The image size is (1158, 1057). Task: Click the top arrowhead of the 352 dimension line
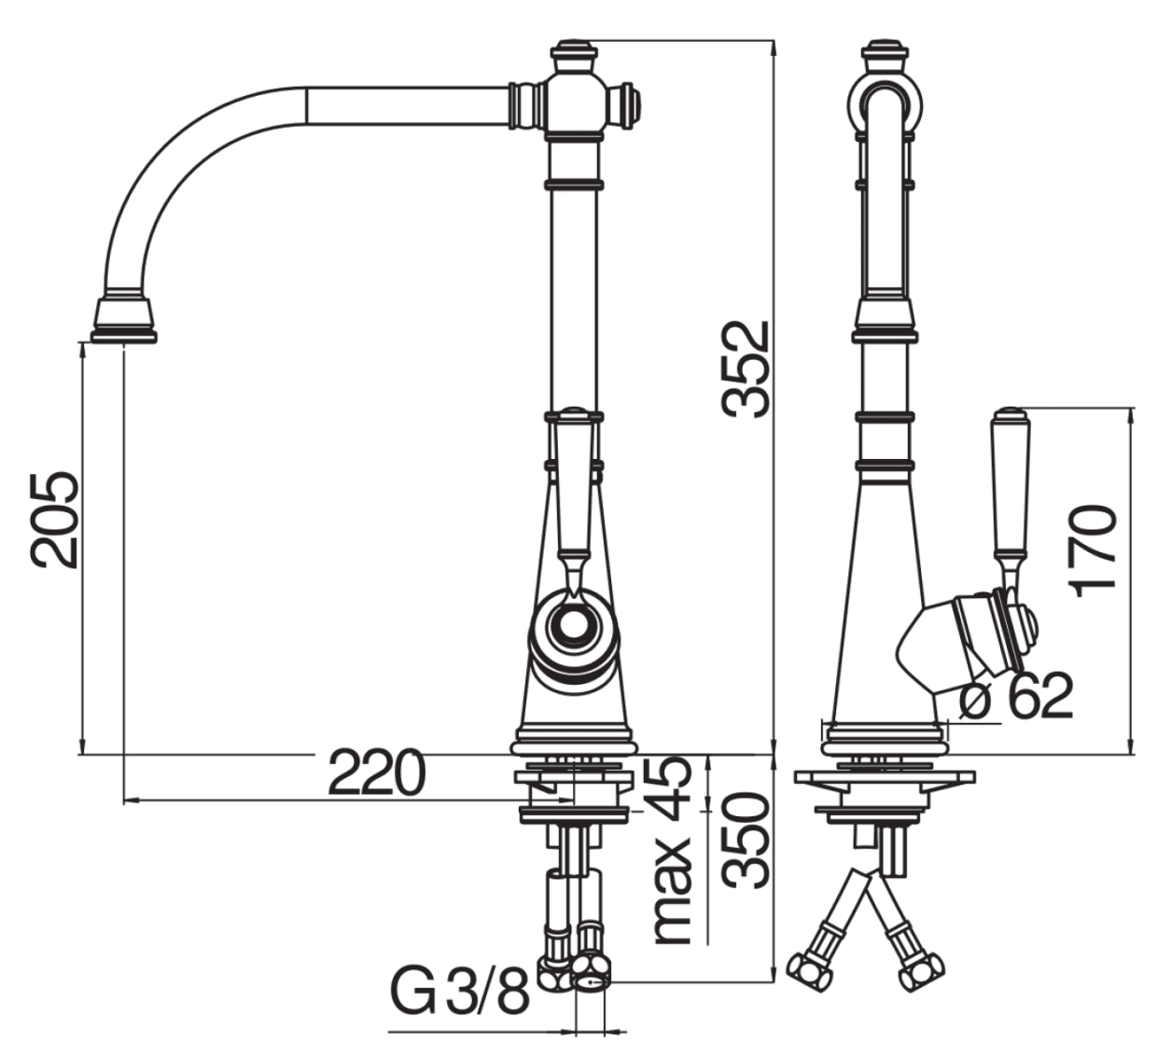pos(774,48)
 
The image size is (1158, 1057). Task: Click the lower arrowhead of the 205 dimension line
pos(82,746)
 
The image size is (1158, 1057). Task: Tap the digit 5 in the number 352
pos(748,369)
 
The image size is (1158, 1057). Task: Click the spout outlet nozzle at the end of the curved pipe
pos(123,321)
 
